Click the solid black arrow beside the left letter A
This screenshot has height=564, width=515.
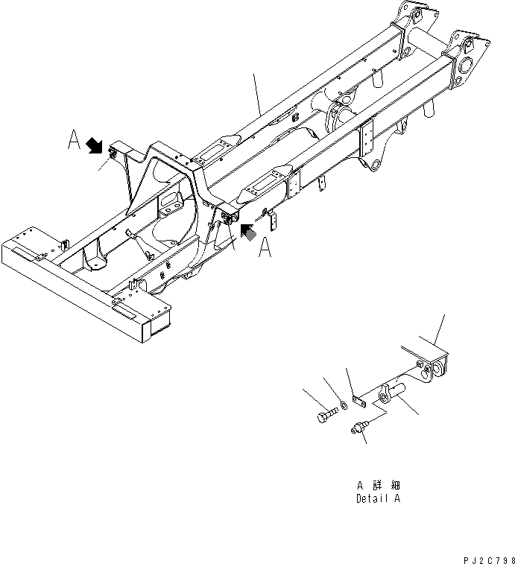coord(95,145)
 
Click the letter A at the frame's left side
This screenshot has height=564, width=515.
coord(75,139)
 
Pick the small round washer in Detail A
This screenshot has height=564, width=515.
coord(344,405)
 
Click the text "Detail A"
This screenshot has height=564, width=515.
coord(378,498)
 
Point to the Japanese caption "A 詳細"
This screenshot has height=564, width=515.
coord(378,484)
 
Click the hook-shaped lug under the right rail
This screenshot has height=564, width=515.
coord(373,163)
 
